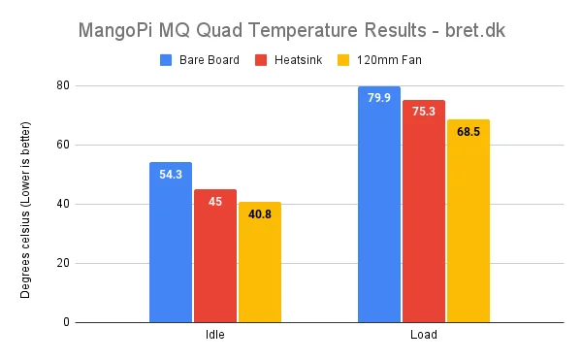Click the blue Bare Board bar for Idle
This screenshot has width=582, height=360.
pyautogui.click(x=171, y=243)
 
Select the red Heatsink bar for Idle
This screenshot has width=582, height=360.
pyautogui.click(x=214, y=256)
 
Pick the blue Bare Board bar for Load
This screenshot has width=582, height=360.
pyautogui.click(x=378, y=205)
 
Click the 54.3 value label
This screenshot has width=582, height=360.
pyautogui.click(x=171, y=175)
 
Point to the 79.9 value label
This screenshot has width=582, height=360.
pyautogui.click(x=379, y=99)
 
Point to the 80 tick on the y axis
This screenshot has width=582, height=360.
pyautogui.click(x=63, y=85)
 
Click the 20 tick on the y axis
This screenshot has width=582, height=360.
pyautogui.click(x=63, y=263)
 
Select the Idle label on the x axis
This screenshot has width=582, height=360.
pyautogui.click(x=214, y=336)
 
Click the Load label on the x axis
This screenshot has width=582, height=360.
pyautogui.click(x=423, y=336)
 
